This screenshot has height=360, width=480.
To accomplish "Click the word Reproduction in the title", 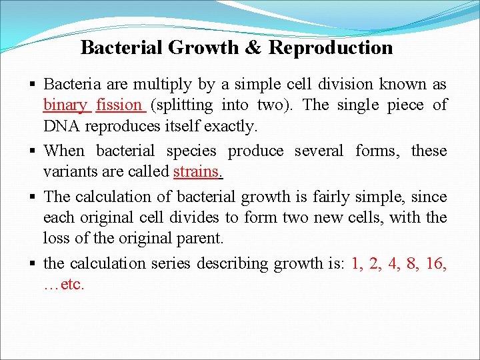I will pyautogui.click(x=331, y=48).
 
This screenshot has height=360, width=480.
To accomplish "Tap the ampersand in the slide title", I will pyautogui.click(x=255, y=48).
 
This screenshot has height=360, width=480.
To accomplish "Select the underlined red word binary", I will pyautogui.click(x=65, y=105).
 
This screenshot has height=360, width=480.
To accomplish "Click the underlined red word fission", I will pyautogui.click(x=119, y=105).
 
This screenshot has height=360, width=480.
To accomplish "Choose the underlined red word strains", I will pyautogui.click(x=197, y=171).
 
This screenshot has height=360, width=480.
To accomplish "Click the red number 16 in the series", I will pyautogui.click(x=435, y=263).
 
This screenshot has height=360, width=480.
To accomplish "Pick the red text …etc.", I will pyautogui.click(x=64, y=284).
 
